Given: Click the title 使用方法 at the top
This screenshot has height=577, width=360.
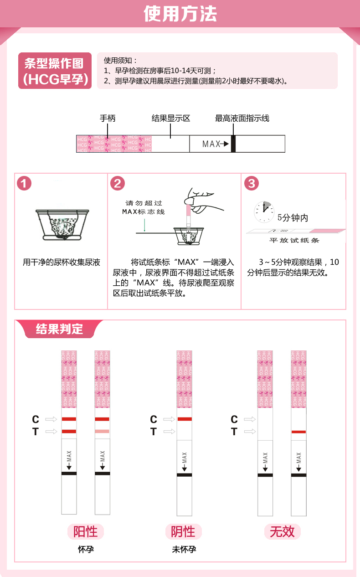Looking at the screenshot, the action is point(180,14).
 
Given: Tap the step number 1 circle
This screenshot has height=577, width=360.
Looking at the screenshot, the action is point(24,183).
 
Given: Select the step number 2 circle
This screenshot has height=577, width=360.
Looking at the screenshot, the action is point(118,183).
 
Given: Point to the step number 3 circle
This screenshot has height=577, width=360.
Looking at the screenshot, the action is point(252,183).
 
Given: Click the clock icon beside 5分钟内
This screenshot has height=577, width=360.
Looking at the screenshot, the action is point(264,212).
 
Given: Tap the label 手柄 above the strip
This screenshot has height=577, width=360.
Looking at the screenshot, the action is point(108,118).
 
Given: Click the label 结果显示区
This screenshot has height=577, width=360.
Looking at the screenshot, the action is point(171,118).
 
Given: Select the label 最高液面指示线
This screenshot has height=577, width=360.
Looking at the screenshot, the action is point(242,118).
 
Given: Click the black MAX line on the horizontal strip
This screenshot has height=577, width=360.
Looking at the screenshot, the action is point(233,144).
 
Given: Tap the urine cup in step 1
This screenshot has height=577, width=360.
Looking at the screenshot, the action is point(62,225).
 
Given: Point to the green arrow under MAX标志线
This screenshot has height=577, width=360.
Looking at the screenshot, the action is point(144,225).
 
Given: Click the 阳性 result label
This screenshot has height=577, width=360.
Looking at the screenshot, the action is point(86,531).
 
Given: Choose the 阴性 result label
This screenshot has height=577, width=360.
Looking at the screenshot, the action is point(183,531).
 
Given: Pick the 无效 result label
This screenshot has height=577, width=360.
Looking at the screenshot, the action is point(282,531).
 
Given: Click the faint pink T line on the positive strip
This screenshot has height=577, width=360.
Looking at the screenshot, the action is point(102,431).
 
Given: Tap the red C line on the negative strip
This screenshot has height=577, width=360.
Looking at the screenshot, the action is point(185,419).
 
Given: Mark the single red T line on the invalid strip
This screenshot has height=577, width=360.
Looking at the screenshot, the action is point(299,432).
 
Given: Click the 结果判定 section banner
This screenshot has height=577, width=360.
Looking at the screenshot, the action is point(59,329).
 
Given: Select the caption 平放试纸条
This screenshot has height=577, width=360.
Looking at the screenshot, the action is point(294,240).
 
